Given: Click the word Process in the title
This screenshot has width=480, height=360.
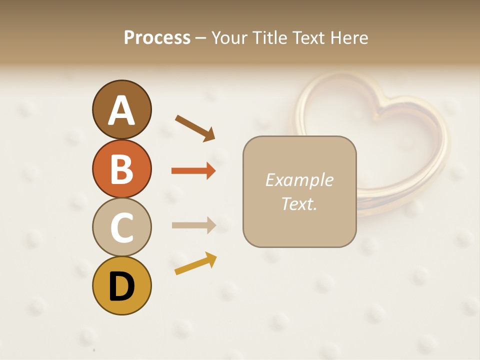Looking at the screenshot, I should click(157, 37).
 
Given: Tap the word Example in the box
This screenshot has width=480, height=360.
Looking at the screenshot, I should click(299, 180).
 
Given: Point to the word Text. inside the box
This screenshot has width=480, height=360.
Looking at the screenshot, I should click(299, 203).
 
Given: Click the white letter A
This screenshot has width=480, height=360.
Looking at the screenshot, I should click(121, 110).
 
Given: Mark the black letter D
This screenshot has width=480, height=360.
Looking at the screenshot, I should click(121, 286).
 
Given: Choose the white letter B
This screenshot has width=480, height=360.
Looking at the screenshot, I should click(121, 169).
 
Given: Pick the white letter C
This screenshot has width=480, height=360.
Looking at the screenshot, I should click(121, 227).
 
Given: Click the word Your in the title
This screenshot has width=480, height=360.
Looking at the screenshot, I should click(228, 37).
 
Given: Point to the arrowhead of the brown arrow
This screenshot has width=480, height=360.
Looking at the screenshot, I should click(210, 135).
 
